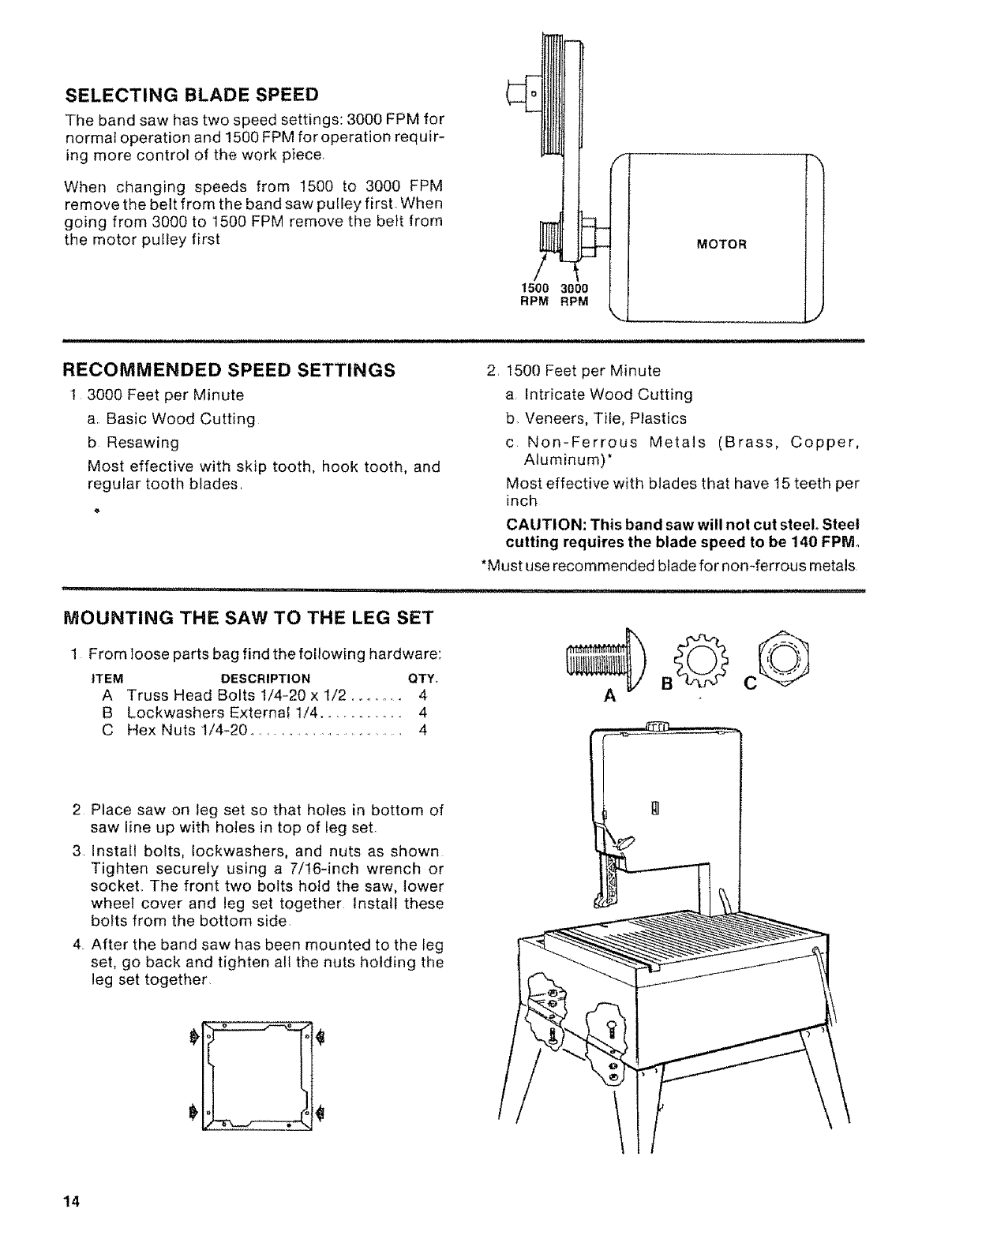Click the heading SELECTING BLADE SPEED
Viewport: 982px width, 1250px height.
191,95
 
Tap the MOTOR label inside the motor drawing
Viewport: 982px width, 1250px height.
721,244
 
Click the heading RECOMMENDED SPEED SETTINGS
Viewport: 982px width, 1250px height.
228,370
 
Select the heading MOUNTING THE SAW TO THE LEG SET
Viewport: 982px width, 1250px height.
248,617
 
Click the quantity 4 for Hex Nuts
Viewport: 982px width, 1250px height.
423,730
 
